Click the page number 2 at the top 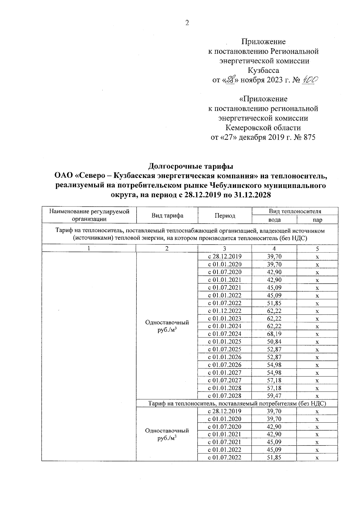pos(187,23)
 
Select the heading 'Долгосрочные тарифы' pos(191,166)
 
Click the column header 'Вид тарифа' pos(167,216)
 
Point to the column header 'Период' pos(225,216)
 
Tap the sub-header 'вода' pos(274,220)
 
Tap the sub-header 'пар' pos(317,220)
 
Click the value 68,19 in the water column pos(274,334)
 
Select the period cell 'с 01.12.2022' pos(225,311)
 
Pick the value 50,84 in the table pos(274,342)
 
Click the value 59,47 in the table pos(274,396)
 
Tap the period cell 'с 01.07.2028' pos(225,396)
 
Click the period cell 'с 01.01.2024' pos(225,326)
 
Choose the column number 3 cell pos(225,249)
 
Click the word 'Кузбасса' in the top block pos(263,71)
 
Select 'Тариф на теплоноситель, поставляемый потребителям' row pos(237,404)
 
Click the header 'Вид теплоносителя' pos(295,211)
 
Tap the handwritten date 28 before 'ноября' pos(230,80)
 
